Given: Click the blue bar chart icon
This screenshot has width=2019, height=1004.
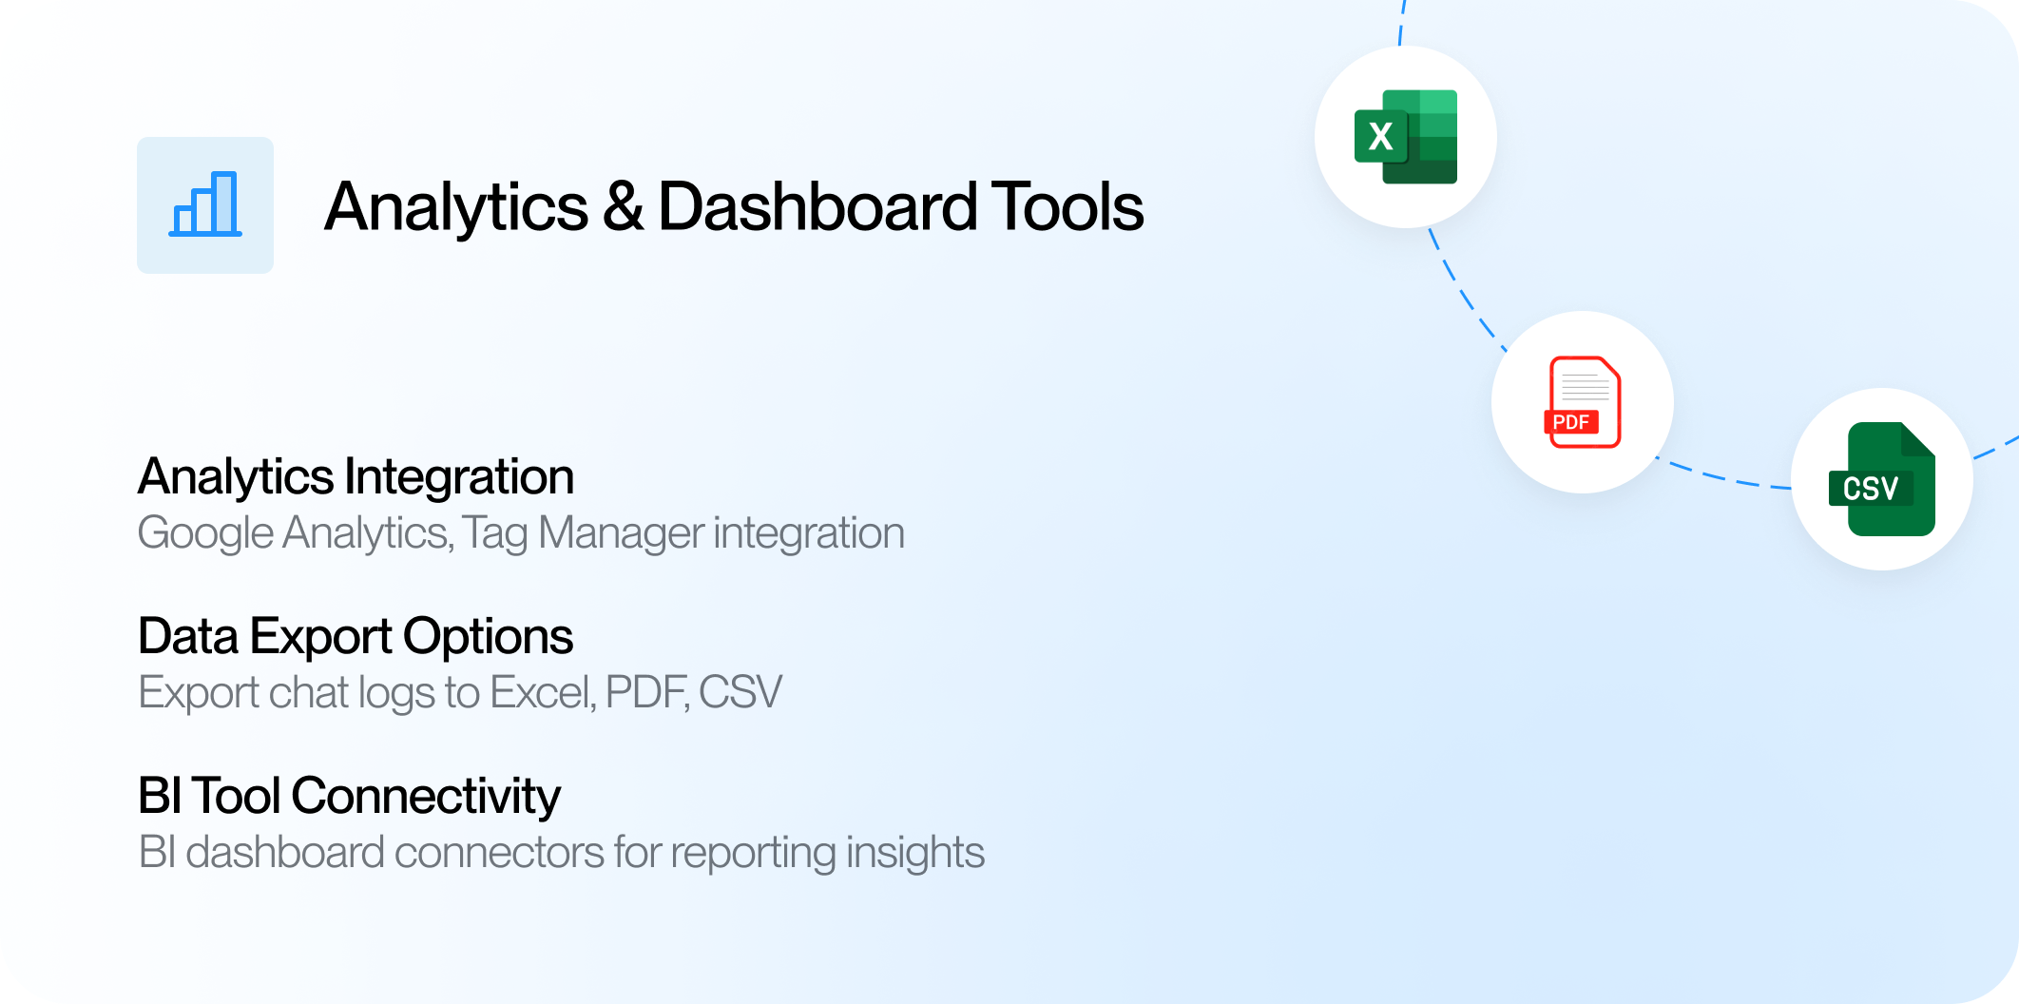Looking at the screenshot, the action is tap(205, 204).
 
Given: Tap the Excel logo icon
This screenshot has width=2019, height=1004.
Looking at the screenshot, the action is tap(1406, 137).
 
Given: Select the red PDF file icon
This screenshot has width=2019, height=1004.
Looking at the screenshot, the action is tap(1583, 402).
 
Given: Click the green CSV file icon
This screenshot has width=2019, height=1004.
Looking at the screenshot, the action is tap(1882, 479).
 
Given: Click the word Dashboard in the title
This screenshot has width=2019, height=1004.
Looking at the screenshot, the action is tap(817, 206).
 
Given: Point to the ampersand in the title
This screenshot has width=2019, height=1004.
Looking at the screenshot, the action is tap(623, 206).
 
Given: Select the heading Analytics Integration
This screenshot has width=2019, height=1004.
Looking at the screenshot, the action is tap(356, 477).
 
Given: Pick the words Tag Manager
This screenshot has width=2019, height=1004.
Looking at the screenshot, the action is tap(584, 533).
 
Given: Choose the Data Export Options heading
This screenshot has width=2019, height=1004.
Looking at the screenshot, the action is tap(356, 636).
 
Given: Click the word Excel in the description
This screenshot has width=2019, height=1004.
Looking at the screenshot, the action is tap(543, 692).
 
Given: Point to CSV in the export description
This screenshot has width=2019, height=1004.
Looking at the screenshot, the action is tap(740, 692).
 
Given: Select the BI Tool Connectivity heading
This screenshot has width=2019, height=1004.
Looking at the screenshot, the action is tap(349, 797).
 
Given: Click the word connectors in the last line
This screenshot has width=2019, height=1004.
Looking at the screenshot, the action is tap(499, 853).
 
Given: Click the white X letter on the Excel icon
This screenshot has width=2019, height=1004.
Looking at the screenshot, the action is tap(1380, 137).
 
